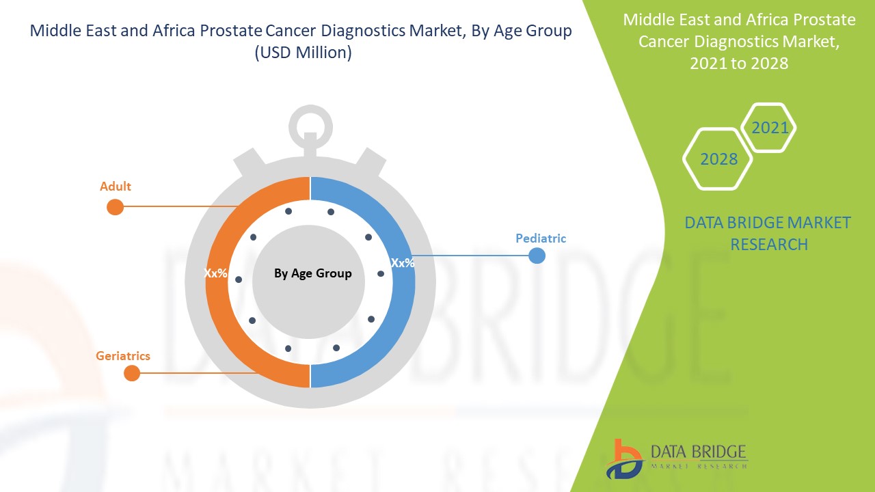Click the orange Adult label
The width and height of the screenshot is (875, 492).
tap(115, 187)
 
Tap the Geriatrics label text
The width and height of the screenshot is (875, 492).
tap(123, 356)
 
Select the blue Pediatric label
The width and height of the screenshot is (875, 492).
tap(541, 238)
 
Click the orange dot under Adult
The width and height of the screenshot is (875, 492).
tap(115, 207)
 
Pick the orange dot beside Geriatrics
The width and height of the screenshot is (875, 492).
tap(132, 373)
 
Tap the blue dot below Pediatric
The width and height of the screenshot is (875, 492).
tap(537, 256)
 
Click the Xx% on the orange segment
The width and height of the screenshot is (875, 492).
tap(215, 273)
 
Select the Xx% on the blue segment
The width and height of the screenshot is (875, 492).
tap(402, 262)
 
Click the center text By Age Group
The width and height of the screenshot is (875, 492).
tap(312, 273)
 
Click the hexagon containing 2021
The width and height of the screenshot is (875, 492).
tap(769, 128)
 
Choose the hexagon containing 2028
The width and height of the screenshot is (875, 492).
tap(718, 159)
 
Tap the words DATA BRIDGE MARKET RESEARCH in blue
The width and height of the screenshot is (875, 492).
tap(768, 233)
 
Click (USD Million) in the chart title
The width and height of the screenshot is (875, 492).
tap(302, 53)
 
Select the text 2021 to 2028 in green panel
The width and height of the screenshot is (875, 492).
tap(739, 64)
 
